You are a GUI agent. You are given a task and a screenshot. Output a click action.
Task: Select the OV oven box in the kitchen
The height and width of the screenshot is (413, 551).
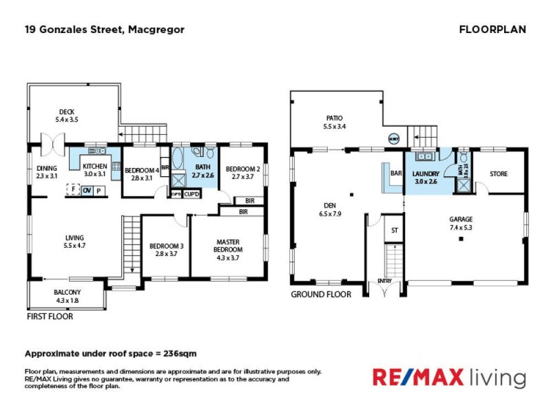click(87, 191)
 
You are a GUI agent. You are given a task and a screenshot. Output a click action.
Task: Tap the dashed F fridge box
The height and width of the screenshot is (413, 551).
click(72, 191)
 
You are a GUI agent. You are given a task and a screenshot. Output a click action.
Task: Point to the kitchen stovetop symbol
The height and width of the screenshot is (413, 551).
click(118, 166)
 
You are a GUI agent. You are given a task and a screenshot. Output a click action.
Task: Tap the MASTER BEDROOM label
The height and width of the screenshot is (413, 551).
click(227, 246)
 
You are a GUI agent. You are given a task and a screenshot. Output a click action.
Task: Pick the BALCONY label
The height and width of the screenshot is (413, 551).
click(67, 293)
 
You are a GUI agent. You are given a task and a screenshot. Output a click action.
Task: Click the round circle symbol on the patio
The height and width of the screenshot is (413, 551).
click(394, 137)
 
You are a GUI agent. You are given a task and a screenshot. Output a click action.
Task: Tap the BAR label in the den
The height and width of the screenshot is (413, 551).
click(396, 174)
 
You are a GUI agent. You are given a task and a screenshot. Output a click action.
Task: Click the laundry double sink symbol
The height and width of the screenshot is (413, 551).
click(424, 156)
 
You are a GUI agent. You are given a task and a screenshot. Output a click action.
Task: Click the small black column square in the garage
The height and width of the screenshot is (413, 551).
click(461, 239)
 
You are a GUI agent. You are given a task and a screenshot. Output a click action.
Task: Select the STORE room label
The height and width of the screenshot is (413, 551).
click(499, 174)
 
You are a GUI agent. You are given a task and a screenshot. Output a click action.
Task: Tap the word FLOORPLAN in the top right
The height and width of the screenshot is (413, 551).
click(492, 30)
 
